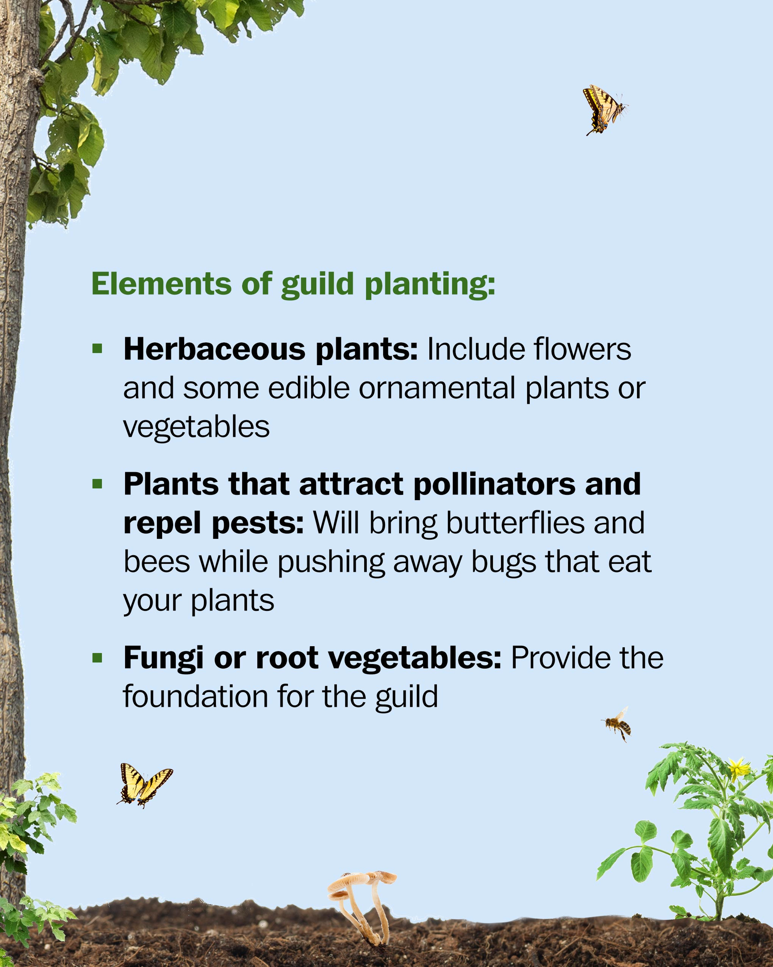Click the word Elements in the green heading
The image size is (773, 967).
[x=161, y=284]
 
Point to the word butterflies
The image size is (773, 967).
[x=515, y=523]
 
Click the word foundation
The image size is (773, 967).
[x=196, y=697]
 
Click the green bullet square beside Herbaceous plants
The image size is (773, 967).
[x=97, y=349]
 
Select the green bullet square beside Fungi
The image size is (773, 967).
[x=97, y=658]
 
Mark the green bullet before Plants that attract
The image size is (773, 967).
[x=97, y=484]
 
